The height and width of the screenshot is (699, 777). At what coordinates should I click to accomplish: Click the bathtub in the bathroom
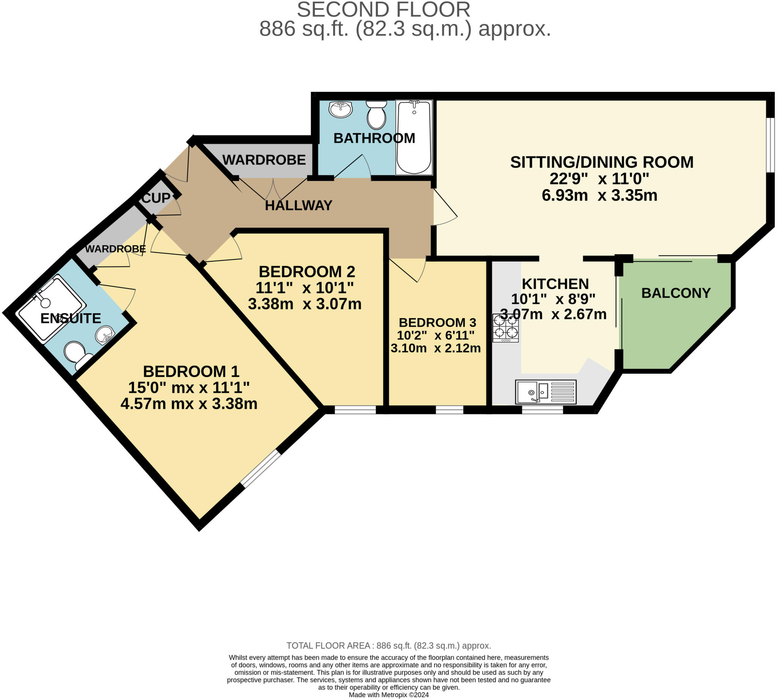414,137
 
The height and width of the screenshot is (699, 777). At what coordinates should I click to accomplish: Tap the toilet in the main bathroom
376,114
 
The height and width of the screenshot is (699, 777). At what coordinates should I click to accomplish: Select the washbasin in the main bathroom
341,110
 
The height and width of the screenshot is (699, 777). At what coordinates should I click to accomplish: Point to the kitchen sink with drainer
546,392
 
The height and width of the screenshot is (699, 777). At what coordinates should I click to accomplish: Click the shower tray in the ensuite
52,309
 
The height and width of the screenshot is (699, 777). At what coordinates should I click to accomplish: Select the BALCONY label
675,293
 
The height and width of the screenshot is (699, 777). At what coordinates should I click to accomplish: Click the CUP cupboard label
156,198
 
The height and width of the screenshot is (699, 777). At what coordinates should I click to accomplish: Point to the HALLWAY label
298,205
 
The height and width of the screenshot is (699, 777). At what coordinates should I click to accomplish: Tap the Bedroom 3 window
449,410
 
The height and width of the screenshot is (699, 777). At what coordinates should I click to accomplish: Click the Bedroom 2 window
355,410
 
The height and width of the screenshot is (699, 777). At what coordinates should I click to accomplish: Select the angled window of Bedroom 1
261,469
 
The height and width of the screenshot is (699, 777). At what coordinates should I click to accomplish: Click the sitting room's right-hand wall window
770,145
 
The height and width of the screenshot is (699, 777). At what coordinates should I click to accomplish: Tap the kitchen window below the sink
542,410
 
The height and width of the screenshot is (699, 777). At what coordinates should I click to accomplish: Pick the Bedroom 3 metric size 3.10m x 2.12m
436,348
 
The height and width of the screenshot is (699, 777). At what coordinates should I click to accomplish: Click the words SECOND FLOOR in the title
383,9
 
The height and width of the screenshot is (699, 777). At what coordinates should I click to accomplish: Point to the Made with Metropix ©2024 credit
388,695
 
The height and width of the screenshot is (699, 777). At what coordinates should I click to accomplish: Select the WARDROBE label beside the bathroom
264,160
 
